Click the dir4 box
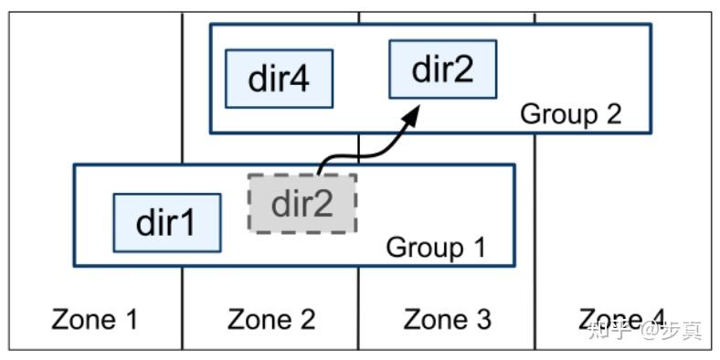click(279, 79)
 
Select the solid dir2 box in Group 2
click(443, 69)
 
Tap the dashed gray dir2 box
click(302, 202)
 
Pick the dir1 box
click(166, 222)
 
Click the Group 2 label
click(570, 114)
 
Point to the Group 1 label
click(436, 247)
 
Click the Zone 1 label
click(95, 319)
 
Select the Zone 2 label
click(271, 319)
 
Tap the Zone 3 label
click(447, 319)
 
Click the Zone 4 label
click(621, 319)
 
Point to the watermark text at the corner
click(645, 330)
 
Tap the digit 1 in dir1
click(187, 222)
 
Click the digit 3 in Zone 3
click(481, 319)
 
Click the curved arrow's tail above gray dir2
click(321, 169)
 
